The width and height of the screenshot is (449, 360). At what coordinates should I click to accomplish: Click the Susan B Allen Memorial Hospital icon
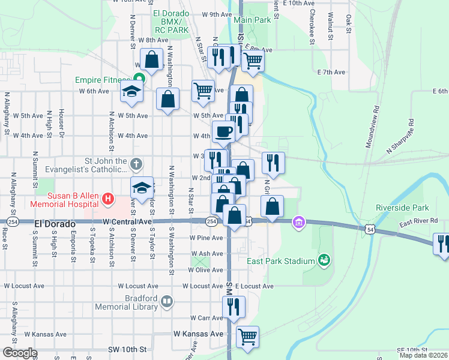108,198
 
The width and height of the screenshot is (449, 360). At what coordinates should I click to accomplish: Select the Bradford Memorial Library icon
167,302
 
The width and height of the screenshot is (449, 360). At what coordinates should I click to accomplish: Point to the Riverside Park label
402,208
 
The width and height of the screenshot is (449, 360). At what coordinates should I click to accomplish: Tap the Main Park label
253,20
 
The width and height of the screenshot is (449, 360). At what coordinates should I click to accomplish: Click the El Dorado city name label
55,223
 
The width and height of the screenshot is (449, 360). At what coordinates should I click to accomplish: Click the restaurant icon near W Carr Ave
234,307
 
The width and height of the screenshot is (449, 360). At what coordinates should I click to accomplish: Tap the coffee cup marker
223,132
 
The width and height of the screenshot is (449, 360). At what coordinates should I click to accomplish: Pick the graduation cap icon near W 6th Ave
131,92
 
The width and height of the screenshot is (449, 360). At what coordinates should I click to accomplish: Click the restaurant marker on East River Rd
443,244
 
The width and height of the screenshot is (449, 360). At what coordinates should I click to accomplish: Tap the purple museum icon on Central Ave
298,223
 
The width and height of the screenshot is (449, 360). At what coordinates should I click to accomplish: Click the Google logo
19,353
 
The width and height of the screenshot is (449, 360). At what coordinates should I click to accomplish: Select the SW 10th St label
127,349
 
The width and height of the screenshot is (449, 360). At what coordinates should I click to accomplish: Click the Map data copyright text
424,355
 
